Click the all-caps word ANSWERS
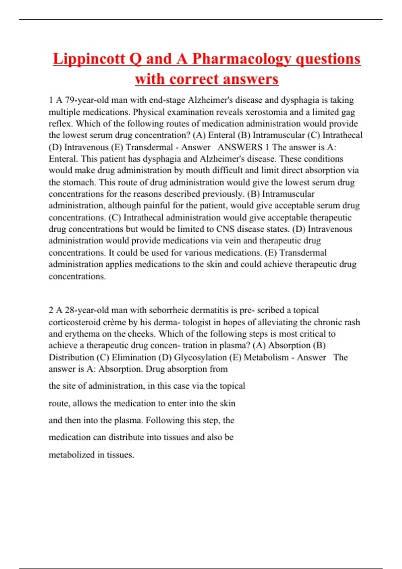(240, 147)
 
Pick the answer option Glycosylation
(200, 357)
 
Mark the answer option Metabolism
(266, 357)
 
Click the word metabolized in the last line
(72, 455)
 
